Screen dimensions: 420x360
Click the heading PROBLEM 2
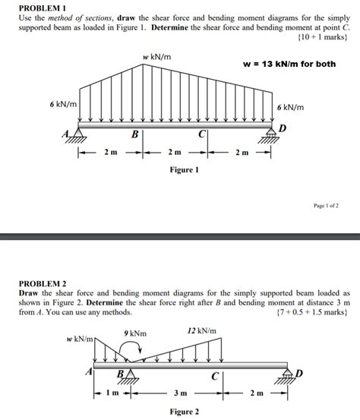pyautogui.click(x=44, y=283)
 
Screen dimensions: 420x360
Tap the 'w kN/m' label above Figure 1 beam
pyautogui.click(x=156, y=57)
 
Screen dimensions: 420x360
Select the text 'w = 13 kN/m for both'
pyautogui.click(x=289, y=64)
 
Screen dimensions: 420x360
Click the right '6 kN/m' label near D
pyautogui.click(x=290, y=108)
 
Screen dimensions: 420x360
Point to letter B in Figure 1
pyautogui.click(x=134, y=135)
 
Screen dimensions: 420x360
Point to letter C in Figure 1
pyautogui.click(x=201, y=135)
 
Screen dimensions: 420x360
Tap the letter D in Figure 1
pyautogui.click(x=283, y=128)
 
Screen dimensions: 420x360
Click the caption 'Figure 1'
pyautogui.click(x=184, y=170)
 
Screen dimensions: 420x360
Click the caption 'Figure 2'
pyautogui.click(x=185, y=412)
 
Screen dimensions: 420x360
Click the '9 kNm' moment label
pyautogui.click(x=134, y=333)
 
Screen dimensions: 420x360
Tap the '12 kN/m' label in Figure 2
pyautogui.click(x=201, y=331)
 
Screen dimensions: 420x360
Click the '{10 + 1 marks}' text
pyautogui.click(x=324, y=35)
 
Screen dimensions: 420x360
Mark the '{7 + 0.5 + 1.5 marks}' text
pyautogui.click(x=313, y=311)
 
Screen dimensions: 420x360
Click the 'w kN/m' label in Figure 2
pyautogui.click(x=78, y=338)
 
